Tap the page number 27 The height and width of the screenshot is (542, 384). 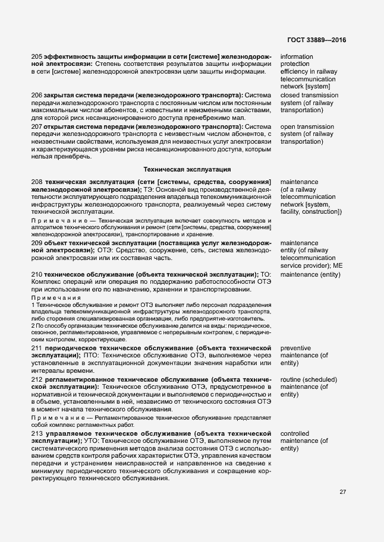(343, 492)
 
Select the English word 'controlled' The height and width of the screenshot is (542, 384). (297, 434)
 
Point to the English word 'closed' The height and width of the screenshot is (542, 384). (291, 95)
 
